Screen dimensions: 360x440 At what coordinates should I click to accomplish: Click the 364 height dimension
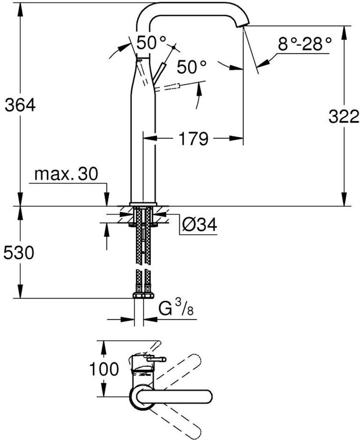(x=20, y=106)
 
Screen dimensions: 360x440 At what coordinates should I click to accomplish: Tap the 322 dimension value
(x=344, y=116)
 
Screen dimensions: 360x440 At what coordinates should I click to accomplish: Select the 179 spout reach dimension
(x=194, y=138)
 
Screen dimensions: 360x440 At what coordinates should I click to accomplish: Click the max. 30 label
(x=66, y=174)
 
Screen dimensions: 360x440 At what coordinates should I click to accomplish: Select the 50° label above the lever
(x=152, y=43)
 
